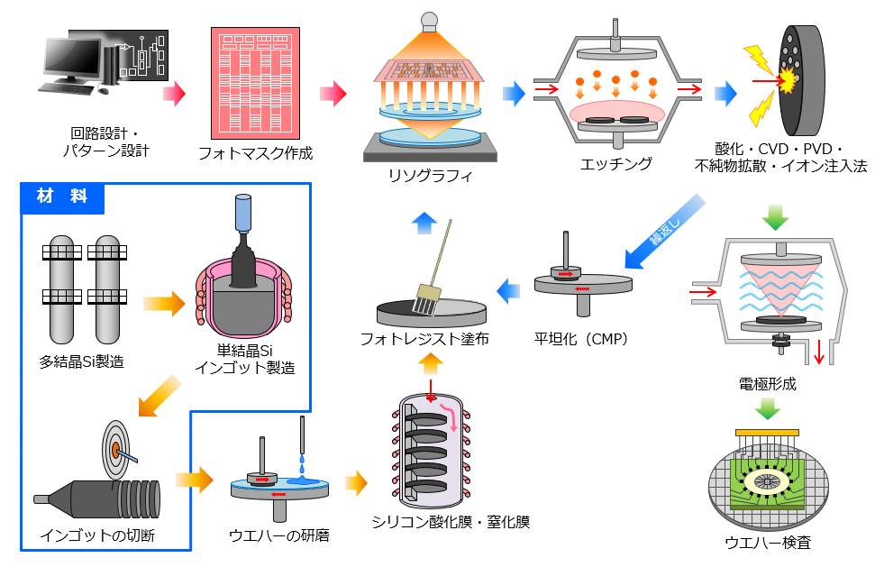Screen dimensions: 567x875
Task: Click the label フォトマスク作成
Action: tap(255, 153)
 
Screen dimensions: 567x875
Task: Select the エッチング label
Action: tap(615, 164)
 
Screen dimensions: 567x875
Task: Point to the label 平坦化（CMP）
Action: tap(580, 339)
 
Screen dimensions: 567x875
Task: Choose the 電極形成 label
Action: tap(767, 384)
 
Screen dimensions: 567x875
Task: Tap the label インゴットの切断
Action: tap(97, 535)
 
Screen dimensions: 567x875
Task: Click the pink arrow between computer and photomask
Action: tap(173, 92)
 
